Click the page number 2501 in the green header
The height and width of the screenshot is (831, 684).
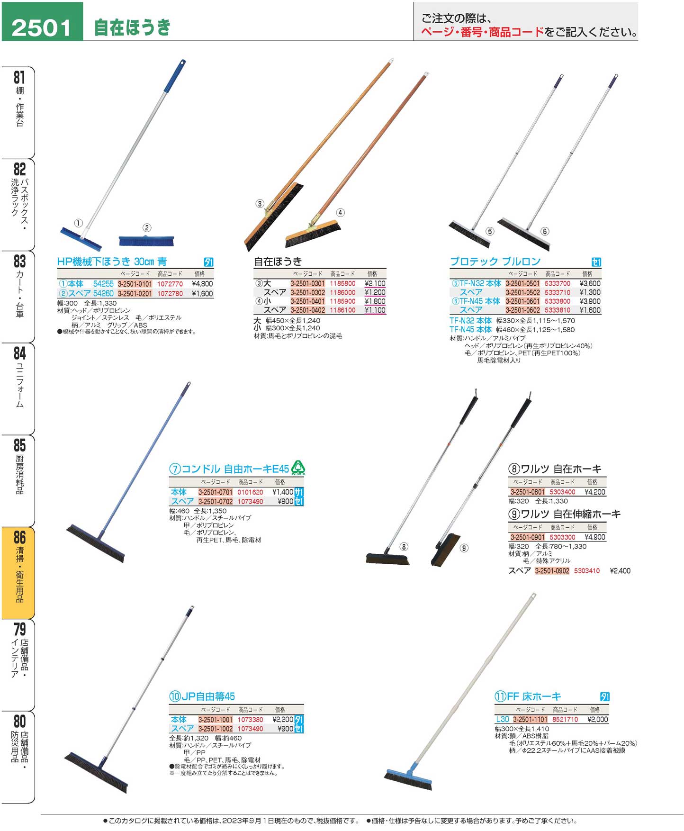point(41,27)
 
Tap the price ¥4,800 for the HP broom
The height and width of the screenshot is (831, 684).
point(202,284)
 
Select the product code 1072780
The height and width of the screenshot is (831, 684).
point(170,294)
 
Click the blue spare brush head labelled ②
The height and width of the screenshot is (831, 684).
point(146,240)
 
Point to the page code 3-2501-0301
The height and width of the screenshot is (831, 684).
point(308,283)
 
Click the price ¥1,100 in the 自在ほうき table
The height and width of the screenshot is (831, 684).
point(375,310)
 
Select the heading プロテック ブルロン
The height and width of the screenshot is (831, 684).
point(495,262)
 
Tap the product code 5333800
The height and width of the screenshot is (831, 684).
point(558,301)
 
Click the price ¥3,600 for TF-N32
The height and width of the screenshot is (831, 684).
point(590,283)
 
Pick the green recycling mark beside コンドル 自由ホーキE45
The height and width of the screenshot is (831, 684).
point(298,468)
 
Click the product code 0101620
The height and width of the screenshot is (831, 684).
point(250,492)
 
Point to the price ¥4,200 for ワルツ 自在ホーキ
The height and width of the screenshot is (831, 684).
point(595,492)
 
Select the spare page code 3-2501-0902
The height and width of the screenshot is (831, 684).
point(552,571)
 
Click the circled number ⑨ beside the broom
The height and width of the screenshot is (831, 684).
point(464,548)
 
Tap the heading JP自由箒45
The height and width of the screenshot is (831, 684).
point(202,696)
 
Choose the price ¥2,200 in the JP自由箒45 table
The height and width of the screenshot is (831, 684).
point(283,719)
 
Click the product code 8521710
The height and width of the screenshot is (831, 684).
point(565,719)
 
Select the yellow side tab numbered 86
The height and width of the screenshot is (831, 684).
point(19,572)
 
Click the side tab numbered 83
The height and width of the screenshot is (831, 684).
point(19,297)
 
